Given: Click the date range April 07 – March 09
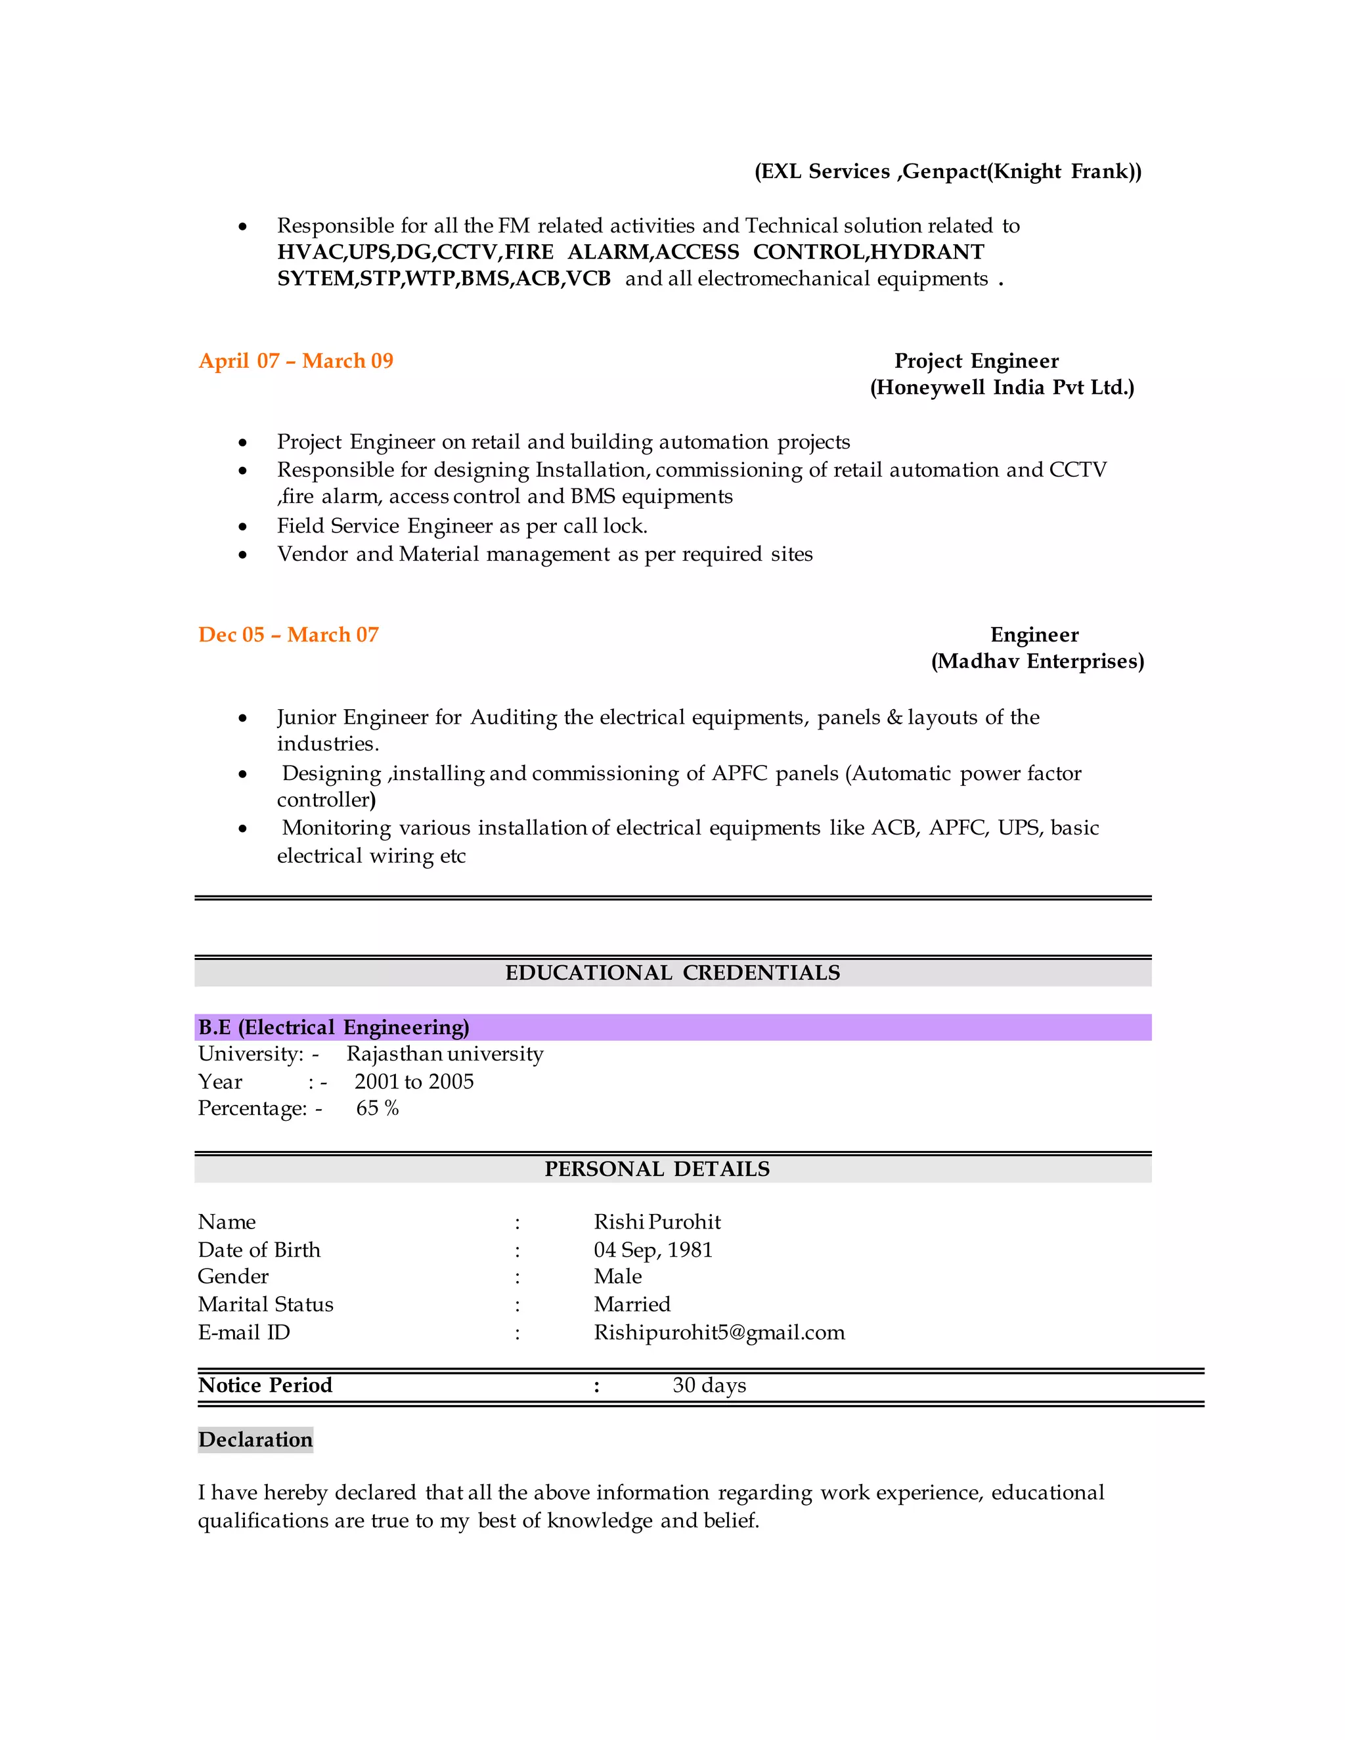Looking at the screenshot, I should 296,361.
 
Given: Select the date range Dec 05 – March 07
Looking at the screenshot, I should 288,635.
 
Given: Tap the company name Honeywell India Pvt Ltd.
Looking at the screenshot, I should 1002,388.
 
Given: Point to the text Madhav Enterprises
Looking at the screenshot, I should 1038,661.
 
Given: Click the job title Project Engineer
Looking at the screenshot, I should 976,361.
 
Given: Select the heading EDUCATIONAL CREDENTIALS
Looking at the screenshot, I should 672,973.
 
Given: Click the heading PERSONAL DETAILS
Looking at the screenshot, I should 657,1169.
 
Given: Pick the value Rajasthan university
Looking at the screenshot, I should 445,1054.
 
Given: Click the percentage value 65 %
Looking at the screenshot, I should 377,1108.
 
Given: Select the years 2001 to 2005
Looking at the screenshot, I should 414,1082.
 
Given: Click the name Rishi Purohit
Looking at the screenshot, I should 657,1222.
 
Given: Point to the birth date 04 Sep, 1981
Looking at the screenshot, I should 653,1250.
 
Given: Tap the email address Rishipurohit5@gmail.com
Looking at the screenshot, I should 718,1333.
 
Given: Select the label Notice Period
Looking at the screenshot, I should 265,1385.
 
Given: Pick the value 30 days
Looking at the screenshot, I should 709,1385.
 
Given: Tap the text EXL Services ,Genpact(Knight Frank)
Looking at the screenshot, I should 948,171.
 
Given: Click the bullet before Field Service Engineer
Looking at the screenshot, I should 242,527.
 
